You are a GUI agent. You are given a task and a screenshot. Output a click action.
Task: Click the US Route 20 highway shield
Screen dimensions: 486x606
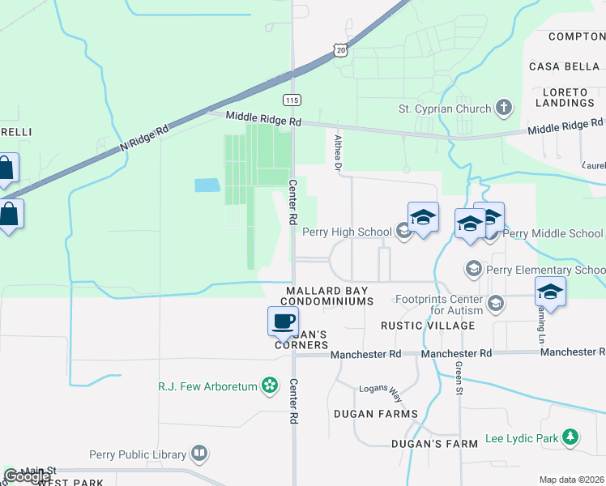pyautogui.click(x=341, y=49)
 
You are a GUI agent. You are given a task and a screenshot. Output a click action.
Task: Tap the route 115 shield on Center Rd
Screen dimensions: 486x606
pyautogui.click(x=292, y=100)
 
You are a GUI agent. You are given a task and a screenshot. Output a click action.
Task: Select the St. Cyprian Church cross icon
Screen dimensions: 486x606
pyautogui.click(x=504, y=108)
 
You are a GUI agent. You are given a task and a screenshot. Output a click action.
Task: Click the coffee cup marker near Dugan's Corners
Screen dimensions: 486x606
pyautogui.click(x=283, y=321)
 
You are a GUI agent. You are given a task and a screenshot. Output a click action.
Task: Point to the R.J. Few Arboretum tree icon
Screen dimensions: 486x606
pyautogui.click(x=269, y=386)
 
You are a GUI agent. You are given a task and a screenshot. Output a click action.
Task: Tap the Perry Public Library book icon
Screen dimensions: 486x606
pyautogui.click(x=199, y=454)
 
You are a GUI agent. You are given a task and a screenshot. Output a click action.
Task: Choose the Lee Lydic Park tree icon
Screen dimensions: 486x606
pyautogui.click(x=570, y=438)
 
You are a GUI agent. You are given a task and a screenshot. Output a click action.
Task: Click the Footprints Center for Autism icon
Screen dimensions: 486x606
pyautogui.click(x=496, y=304)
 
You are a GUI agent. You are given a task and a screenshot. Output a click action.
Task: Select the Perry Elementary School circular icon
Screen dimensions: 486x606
pyautogui.click(x=473, y=268)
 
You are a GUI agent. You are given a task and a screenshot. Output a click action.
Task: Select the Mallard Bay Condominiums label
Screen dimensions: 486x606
pyautogui.click(x=328, y=295)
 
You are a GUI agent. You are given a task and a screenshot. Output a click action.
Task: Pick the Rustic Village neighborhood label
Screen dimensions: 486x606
pyautogui.click(x=428, y=326)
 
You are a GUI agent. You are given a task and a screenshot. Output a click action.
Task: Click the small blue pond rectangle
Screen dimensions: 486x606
pyautogui.click(x=206, y=185)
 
